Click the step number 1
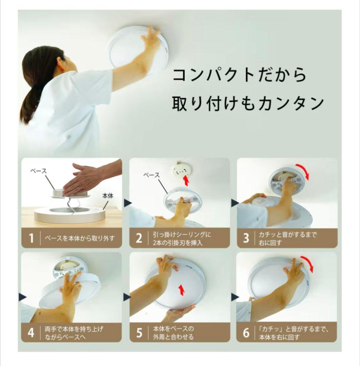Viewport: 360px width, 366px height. (31, 239)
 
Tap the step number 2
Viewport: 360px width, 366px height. (139, 238)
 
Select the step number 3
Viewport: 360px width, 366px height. (246, 238)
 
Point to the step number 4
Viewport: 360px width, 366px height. (31, 333)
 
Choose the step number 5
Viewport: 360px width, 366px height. (139, 333)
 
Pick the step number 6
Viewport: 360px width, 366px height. (246, 333)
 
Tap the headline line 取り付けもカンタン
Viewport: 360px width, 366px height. (248, 103)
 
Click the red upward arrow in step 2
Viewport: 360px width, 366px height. (186, 180)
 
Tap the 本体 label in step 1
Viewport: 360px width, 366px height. (107, 196)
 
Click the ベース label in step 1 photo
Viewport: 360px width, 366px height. (39, 171)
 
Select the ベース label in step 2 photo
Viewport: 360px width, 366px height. (152, 175)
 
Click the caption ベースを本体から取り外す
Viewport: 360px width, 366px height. (80, 239)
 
